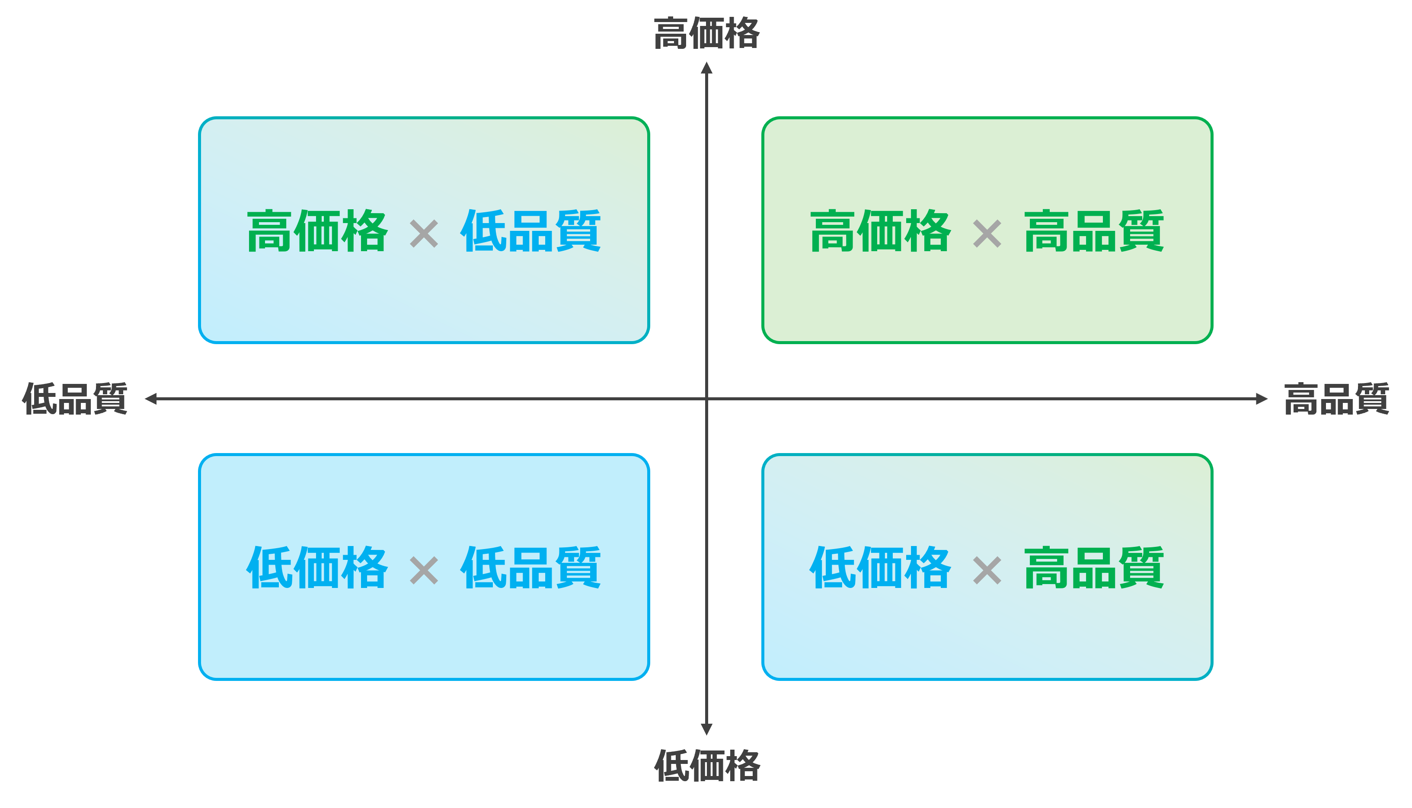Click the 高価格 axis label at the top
(x=706, y=33)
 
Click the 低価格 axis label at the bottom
(x=707, y=766)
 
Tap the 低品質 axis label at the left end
(x=75, y=399)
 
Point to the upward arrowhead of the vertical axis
(x=706, y=68)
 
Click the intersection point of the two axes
(x=706, y=399)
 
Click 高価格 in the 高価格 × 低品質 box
(x=317, y=231)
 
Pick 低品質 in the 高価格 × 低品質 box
(x=530, y=231)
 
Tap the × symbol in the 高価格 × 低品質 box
(x=424, y=233)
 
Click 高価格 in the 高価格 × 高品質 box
(x=881, y=231)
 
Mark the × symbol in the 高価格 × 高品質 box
(x=987, y=233)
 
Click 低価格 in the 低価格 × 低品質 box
(x=317, y=567)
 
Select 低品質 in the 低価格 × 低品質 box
(x=530, y=567)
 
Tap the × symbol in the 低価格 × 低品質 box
(x=424, y=571)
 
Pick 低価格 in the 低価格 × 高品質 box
(x=881, y=567)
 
